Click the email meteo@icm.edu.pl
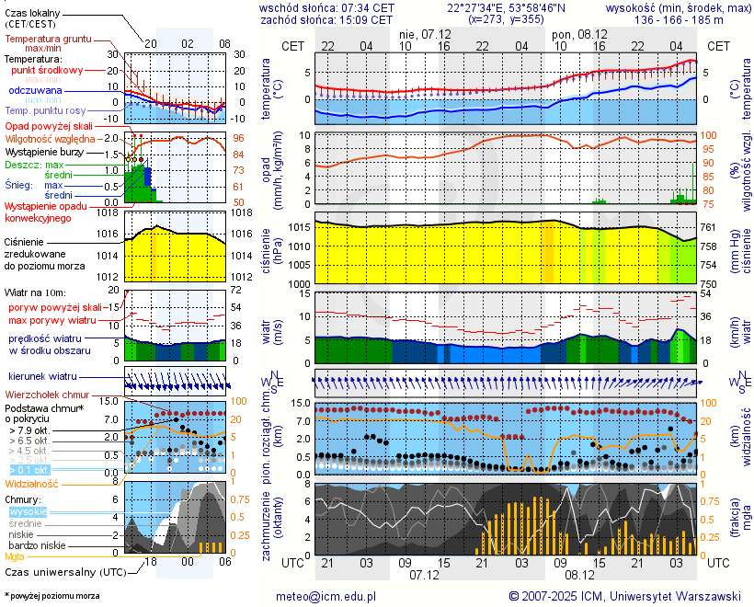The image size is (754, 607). coord(326,596)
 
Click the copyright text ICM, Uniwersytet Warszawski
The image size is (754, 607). coord(625,596)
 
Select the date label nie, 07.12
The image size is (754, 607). coord(426,33)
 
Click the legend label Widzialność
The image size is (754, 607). coord(32,483)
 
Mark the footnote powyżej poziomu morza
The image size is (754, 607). coord(53,596)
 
